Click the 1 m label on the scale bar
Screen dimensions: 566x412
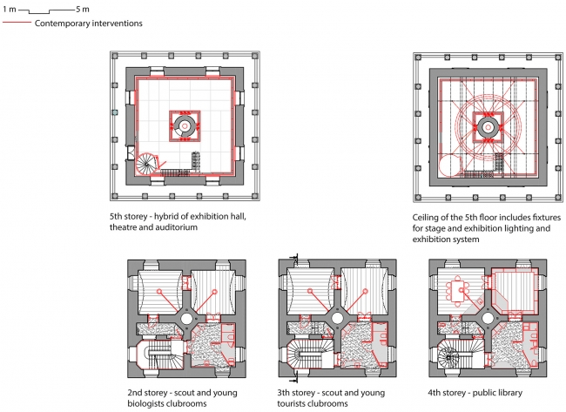[10, 9]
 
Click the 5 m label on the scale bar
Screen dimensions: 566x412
[83, 9]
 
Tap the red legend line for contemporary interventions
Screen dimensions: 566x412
[17, 23]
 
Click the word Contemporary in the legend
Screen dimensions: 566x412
[62, 24]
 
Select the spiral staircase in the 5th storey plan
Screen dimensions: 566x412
[146, 164]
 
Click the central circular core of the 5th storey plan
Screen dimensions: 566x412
[185, 125]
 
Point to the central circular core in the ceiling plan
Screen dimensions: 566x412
[488, 127]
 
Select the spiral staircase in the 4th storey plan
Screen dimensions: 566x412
[448, 356]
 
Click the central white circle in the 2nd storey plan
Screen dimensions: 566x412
[186, 319]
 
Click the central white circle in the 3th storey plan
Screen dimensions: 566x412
[337, 319]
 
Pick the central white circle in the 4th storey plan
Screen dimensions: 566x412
[488, 319]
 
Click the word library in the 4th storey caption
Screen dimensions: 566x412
[510, 393]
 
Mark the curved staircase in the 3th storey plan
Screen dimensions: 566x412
[310, 353]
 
